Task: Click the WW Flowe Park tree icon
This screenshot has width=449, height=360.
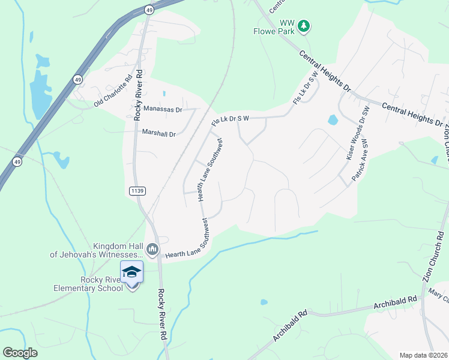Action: tap(304, 25)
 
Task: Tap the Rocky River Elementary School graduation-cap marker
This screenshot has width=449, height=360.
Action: tap(132, 273)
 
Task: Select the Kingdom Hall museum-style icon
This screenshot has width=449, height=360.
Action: tap(152, 248)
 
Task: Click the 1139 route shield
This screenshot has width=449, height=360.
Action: tap(136, 191)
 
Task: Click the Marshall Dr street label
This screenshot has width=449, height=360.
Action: tap(158, 134)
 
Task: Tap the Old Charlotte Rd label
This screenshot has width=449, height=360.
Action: tap(113, 92)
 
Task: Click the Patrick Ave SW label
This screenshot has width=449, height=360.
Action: tap(359, 160)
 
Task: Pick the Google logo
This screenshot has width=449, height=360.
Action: tap(20, 353)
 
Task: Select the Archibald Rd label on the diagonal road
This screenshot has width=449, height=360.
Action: tap(289, 326)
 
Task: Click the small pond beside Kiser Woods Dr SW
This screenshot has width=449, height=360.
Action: tap(333, 120)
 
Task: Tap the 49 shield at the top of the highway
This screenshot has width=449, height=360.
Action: tap(149, 10)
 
